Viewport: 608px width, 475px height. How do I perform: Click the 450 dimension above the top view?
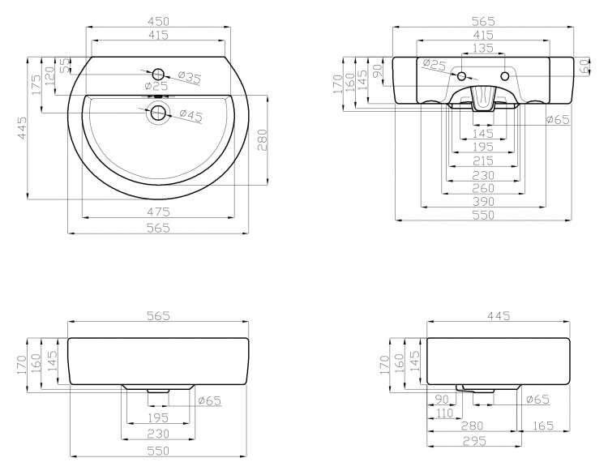click(158, 21)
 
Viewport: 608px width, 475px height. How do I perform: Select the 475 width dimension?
click(158, 212)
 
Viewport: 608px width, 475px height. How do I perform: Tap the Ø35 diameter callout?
click(190, 77)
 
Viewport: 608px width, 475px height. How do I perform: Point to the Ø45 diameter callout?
click(191, 115)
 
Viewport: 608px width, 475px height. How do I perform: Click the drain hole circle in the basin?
click(158, 113)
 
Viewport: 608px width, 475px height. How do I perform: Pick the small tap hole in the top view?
click(158, 74)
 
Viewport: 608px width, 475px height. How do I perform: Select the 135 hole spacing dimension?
click(483, 48)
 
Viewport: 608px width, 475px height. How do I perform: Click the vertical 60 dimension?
click(584, 66)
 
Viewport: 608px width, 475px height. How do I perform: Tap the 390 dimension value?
click(483, 201)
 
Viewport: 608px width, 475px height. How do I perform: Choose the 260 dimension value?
click(483, 188)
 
